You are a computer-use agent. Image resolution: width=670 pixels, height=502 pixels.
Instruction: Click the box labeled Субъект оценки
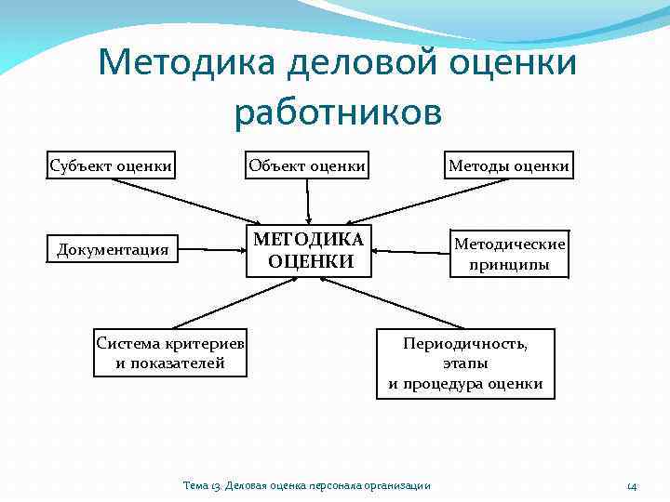(x=111, y=165)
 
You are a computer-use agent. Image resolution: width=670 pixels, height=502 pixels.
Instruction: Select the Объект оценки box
(x=306, y=165)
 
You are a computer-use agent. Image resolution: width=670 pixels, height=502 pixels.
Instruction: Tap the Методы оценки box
(x=508, y=165)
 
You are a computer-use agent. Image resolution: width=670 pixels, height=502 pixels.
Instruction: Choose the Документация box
(x=113, y=249)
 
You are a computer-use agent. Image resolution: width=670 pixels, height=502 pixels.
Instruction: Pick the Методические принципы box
(x=508, y=254)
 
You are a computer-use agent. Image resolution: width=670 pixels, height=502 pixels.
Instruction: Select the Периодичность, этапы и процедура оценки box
(x=465, y=363)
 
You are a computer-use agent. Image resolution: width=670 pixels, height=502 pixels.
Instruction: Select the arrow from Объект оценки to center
(x=307, y=200)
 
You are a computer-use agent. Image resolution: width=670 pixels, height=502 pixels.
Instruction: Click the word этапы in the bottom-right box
(x=465, y=363)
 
